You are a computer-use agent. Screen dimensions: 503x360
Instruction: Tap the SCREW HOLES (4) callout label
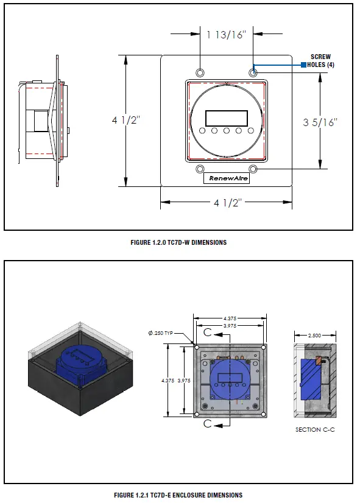pos(321,61)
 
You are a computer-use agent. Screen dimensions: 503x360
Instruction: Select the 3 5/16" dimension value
pos(320,122)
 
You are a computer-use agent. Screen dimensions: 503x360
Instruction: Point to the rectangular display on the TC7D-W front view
pos(226,117)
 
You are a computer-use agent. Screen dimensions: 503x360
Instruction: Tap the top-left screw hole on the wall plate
pos(199,72)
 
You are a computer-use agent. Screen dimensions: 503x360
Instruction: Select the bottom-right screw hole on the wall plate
pos(253,169)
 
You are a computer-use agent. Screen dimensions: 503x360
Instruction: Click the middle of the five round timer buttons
pos(226,131)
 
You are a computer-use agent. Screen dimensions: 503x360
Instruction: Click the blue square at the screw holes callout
pos(303,65)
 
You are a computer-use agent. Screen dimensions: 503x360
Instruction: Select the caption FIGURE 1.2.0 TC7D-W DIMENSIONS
pos(178,242)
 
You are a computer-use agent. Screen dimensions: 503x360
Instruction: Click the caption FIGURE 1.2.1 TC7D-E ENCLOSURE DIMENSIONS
pos(178,495)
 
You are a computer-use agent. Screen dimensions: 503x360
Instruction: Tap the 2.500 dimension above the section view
pos(315,335)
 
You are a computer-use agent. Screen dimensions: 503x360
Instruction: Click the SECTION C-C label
pos(315,430)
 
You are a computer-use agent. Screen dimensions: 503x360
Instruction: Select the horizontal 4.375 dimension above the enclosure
pos(229,317)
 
